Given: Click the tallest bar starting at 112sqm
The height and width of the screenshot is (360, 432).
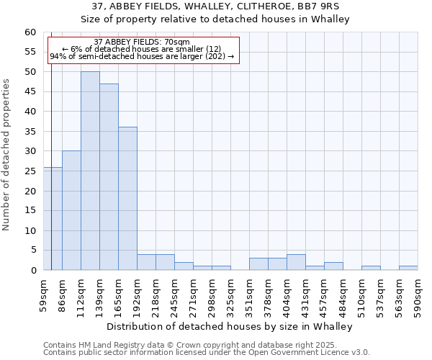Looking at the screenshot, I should click(90, 171).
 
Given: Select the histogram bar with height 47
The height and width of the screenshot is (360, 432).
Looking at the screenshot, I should click(109, 176).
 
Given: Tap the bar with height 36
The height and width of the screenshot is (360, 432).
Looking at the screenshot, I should click(127, 199).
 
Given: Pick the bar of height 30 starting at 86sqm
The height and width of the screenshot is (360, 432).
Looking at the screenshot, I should click(71, 210).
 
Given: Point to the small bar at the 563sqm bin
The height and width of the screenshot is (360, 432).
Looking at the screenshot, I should click(408, 268).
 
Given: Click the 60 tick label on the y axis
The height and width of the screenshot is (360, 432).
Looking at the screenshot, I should click(30, 32).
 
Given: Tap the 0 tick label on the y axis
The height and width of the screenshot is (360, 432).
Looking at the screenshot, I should click(32, 271).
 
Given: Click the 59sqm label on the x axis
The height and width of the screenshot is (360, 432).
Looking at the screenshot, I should click(43, 294).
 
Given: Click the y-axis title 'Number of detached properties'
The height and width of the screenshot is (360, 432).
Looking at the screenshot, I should click(6, 155).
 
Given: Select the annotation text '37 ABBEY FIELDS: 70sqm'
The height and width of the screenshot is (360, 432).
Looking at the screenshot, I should click(142, 42).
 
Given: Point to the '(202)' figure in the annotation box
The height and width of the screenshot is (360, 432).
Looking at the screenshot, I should click(215, 56).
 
